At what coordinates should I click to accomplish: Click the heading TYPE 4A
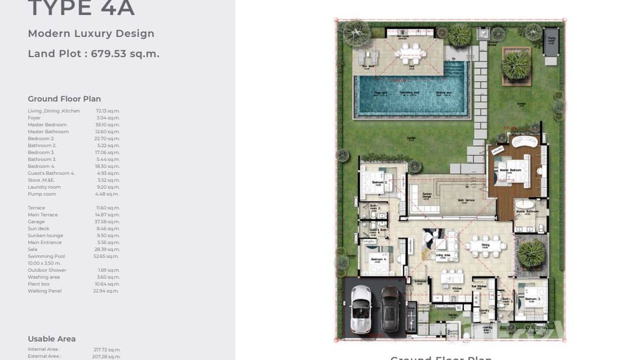81,8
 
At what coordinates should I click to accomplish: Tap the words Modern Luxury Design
91,33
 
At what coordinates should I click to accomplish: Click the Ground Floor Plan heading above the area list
64,99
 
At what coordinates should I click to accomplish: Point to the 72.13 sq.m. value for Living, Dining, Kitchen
107,111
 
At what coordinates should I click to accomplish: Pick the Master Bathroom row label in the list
48,132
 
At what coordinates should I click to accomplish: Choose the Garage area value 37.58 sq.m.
107,222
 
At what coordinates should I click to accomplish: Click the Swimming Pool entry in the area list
46,256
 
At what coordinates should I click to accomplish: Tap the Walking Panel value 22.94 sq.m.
106,291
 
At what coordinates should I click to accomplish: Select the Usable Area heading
52,339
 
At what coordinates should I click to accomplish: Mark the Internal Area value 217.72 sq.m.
107,349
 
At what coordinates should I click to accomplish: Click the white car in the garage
361,309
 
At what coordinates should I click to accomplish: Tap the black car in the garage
390,309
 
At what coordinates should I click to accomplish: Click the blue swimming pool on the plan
411,95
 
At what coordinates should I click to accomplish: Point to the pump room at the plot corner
551,41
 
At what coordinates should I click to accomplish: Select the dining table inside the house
485,246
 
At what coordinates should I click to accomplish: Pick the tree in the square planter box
516,65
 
